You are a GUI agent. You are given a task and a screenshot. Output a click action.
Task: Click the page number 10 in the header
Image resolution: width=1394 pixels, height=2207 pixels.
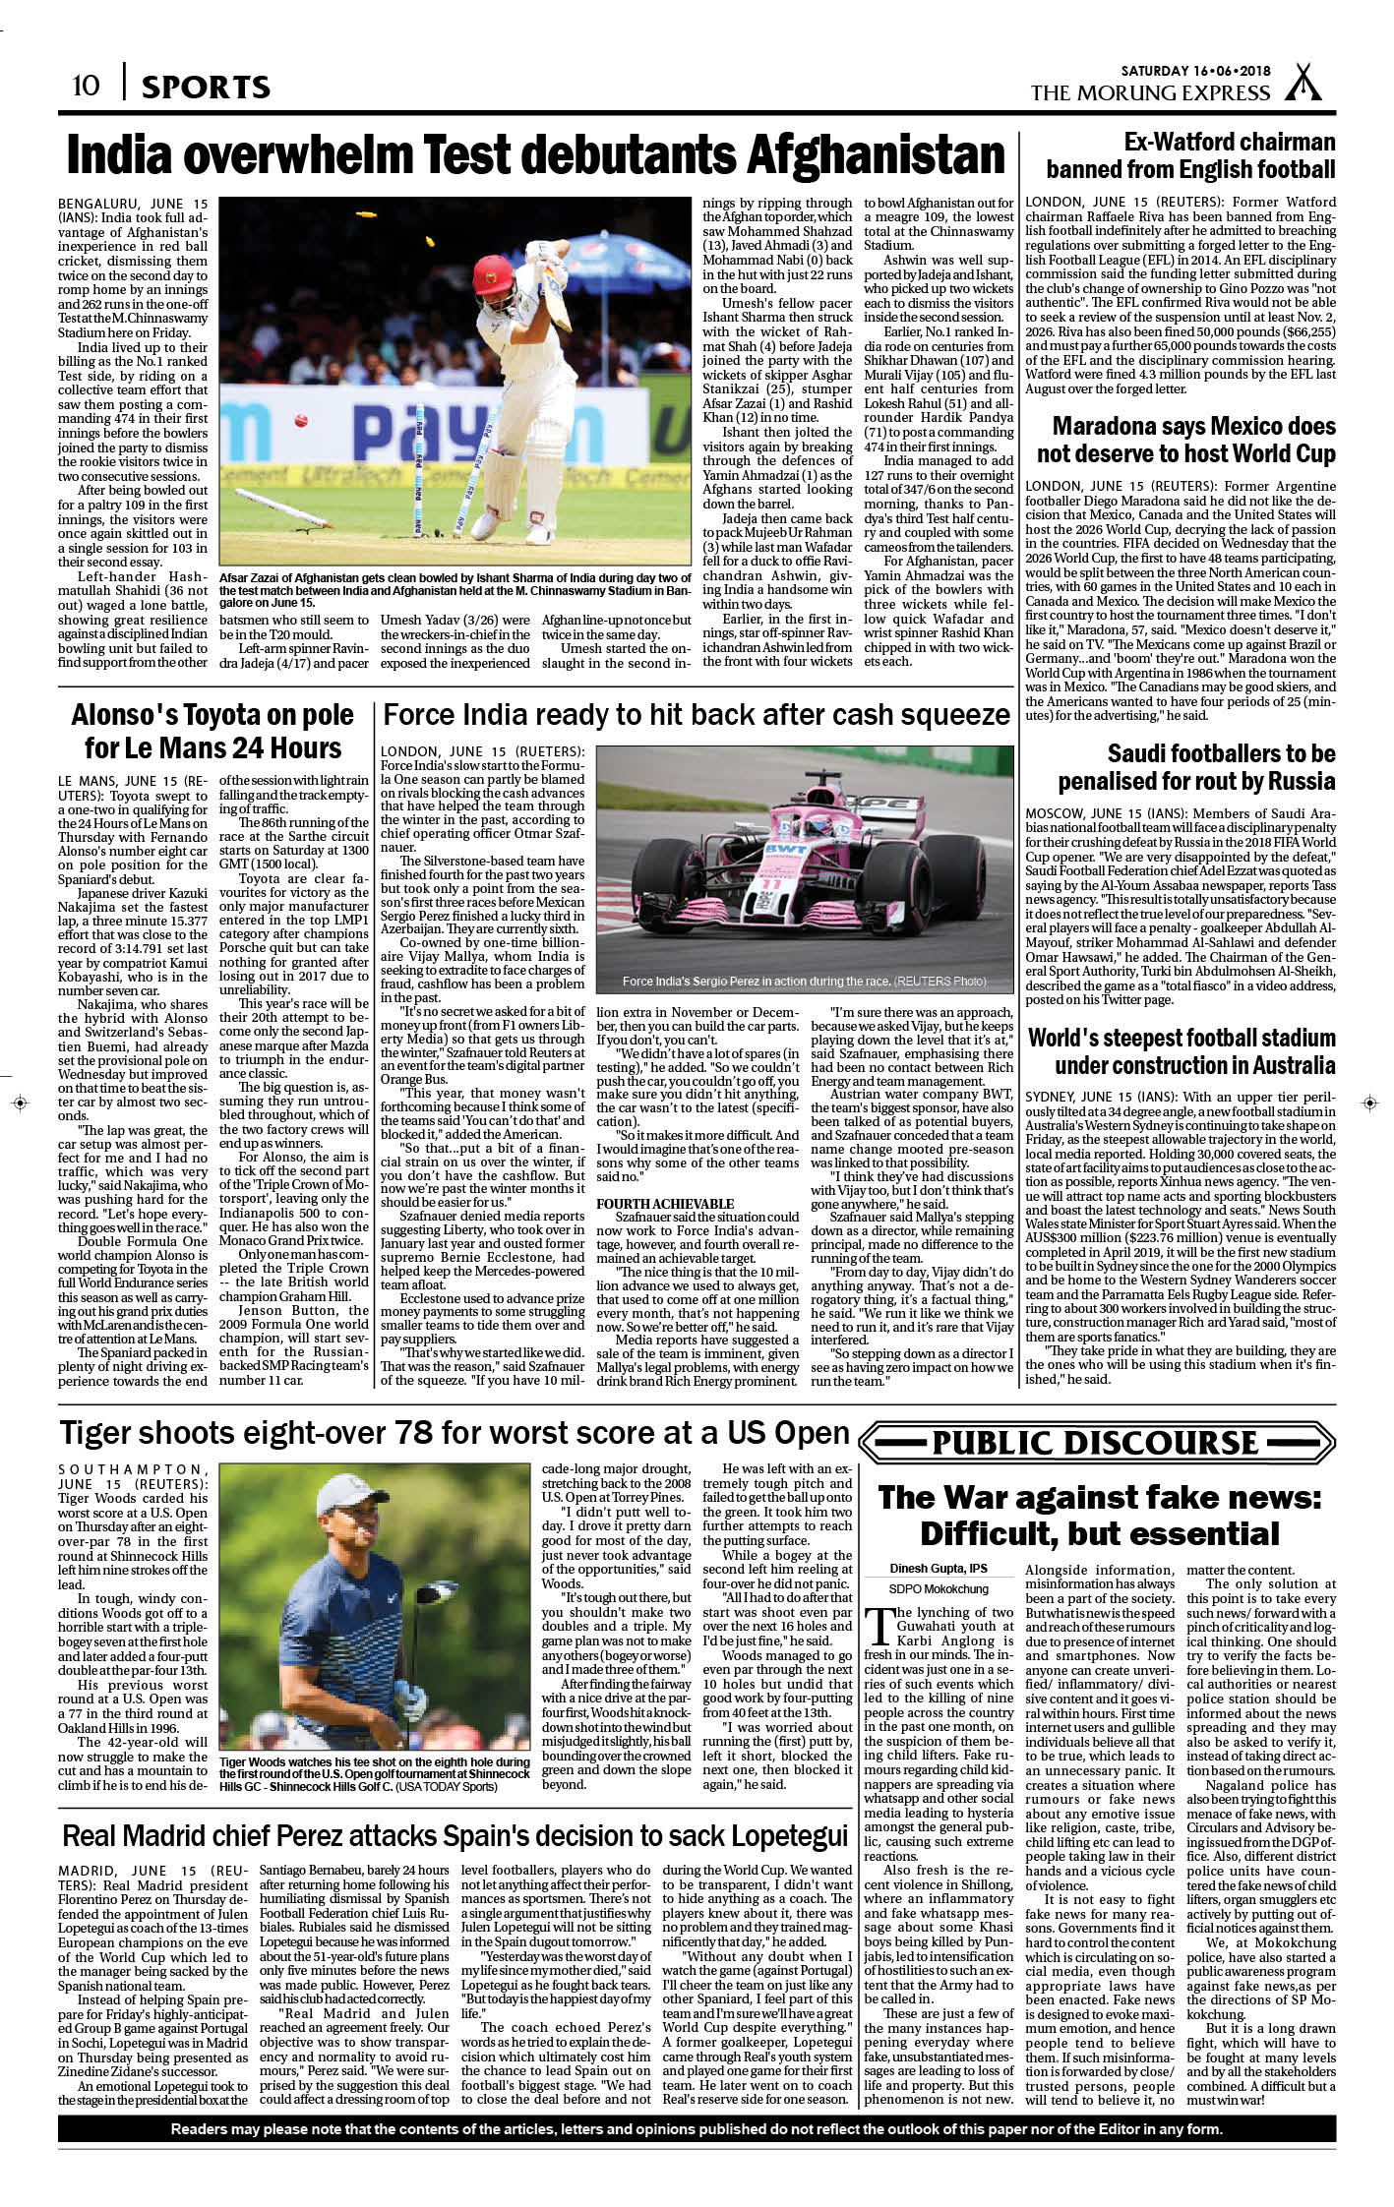[86, 86]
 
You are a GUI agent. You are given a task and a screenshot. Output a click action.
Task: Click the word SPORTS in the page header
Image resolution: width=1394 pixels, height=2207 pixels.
[206, 88]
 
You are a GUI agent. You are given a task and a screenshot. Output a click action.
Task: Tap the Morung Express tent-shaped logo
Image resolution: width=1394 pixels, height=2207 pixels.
[1304, 84]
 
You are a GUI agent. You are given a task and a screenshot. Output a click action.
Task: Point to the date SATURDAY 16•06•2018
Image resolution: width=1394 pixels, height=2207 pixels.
[1196, 71]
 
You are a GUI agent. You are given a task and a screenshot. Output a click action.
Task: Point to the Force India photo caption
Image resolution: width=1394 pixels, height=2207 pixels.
[804, 982]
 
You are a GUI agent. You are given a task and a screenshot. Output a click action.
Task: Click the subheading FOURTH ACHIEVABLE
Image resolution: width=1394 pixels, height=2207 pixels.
[665, 1204]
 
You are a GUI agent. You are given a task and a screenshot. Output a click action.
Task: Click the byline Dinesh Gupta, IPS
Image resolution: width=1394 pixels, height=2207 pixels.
[940, 1568]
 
